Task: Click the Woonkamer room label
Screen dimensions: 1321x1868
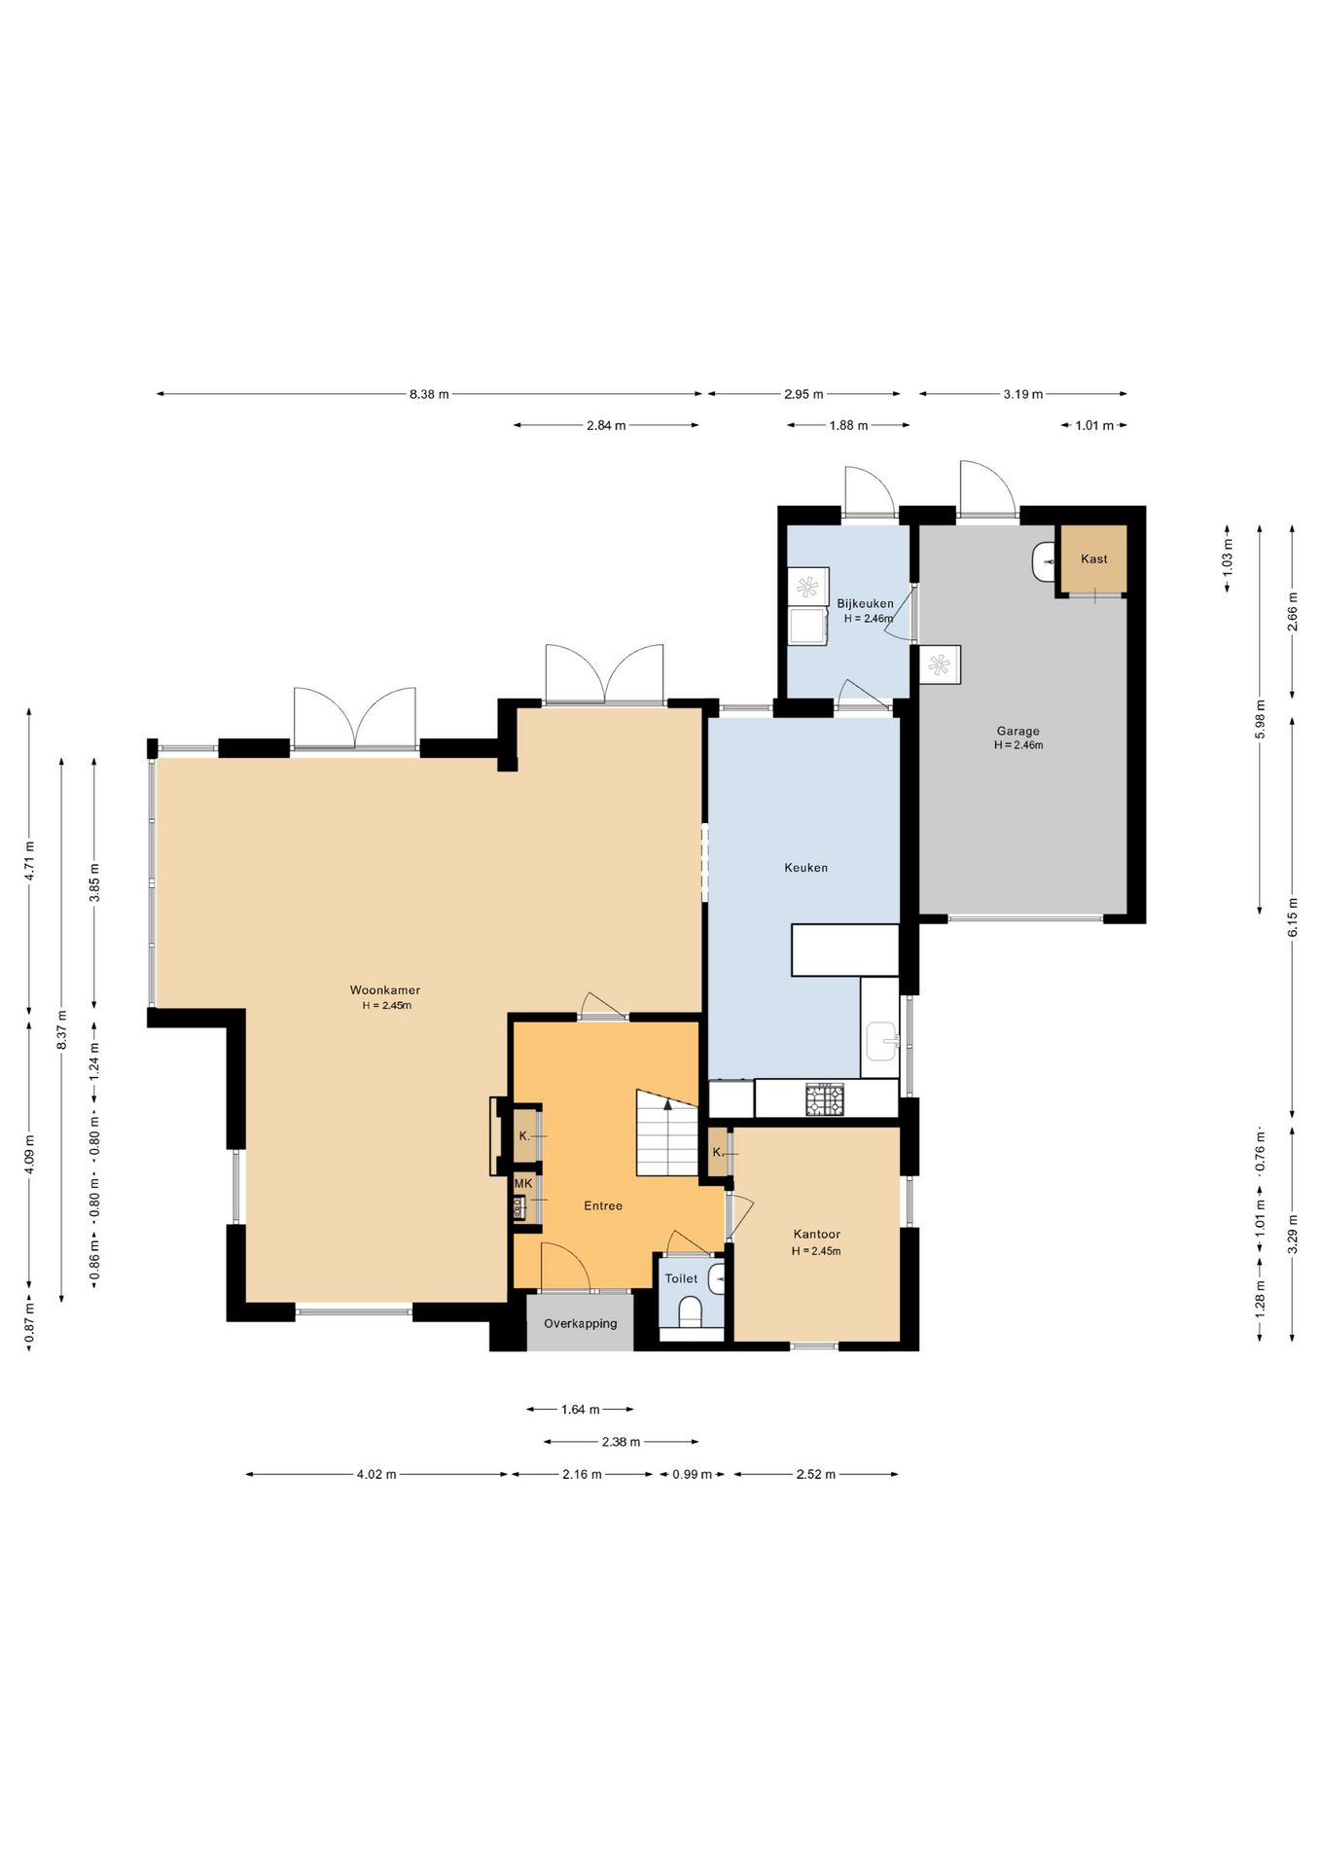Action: (385, 990)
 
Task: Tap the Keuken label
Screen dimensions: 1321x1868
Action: (806, 868)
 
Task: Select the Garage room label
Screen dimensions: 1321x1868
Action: (1018, 732)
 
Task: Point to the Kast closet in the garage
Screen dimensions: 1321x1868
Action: (1093, 558)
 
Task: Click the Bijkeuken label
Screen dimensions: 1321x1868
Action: (865, 603)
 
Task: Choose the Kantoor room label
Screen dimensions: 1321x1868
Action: (816, 1235)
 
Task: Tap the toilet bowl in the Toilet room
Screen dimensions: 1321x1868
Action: (690, 1311)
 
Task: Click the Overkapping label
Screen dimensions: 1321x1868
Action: (581, 1323)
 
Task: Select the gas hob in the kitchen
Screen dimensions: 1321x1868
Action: (825, 1099)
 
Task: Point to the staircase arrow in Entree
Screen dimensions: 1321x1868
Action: (667, 1104)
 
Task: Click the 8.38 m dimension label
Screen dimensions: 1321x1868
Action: (429, 394)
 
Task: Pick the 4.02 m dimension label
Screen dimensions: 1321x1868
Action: (376, 1474)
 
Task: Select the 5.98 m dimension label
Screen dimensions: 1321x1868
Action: (1260, 719)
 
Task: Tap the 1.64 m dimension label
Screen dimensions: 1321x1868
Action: (581, 1409)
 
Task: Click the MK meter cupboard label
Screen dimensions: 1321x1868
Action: (523, 1183)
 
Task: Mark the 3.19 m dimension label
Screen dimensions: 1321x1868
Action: (1023, 394)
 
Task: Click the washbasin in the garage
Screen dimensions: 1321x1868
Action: (1044, 561)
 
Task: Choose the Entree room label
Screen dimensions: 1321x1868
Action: (603, 1205)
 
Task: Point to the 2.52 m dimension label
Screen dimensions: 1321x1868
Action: (816, 1474)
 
